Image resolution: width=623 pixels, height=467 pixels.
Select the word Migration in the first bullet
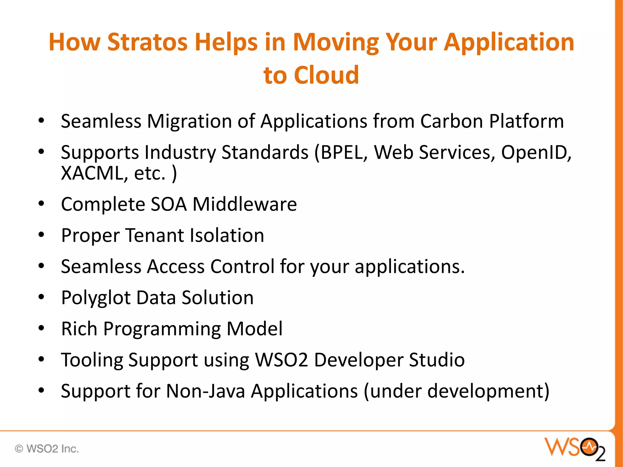[189, 121]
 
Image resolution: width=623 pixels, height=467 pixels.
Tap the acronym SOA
[169, 204]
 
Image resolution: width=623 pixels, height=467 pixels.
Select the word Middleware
[245, 204]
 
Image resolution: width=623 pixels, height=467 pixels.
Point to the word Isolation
[227, 236]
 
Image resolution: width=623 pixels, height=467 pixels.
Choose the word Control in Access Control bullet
[242, 267]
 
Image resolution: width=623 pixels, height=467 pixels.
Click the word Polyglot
[96, 298]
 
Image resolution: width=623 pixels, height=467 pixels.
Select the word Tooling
[92, 360]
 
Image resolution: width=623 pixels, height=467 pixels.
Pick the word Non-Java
[206, 391]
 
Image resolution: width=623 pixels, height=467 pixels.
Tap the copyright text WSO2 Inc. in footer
[47, 449]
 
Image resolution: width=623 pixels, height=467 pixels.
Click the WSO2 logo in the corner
[575, 448]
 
